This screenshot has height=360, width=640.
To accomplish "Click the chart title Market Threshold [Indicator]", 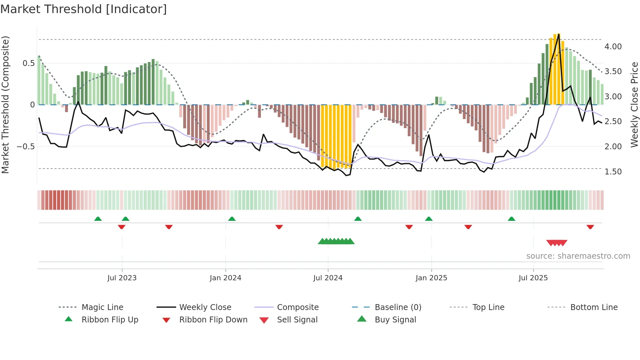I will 84,9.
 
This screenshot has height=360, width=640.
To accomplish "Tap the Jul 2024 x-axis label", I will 328,278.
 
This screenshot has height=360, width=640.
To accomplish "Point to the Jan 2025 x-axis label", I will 431,278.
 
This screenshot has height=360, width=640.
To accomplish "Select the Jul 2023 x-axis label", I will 122,278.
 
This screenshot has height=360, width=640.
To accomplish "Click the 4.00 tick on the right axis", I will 613,47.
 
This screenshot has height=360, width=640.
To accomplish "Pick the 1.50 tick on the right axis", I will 613,172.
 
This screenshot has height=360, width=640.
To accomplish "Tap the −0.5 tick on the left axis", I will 26,147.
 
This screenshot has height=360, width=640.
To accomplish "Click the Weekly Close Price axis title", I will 634,105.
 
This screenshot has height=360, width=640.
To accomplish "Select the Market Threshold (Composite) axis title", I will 5,105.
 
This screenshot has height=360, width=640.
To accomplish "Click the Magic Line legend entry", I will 102,307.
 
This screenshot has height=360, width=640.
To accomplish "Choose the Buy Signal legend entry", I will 395,320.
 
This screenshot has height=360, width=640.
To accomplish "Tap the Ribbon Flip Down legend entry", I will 213,320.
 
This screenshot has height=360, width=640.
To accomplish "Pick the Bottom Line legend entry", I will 594,307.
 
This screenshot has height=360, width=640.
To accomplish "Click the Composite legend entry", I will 297,307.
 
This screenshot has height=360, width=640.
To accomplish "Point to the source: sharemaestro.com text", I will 578,256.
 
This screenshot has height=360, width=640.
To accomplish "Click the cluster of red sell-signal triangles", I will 557,243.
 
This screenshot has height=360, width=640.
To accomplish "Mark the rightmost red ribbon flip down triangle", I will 590,227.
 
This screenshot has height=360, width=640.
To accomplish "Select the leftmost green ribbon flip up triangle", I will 98,219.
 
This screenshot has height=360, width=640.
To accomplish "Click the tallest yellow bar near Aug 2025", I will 558,69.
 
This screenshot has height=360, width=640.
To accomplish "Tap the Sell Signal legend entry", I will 297,320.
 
